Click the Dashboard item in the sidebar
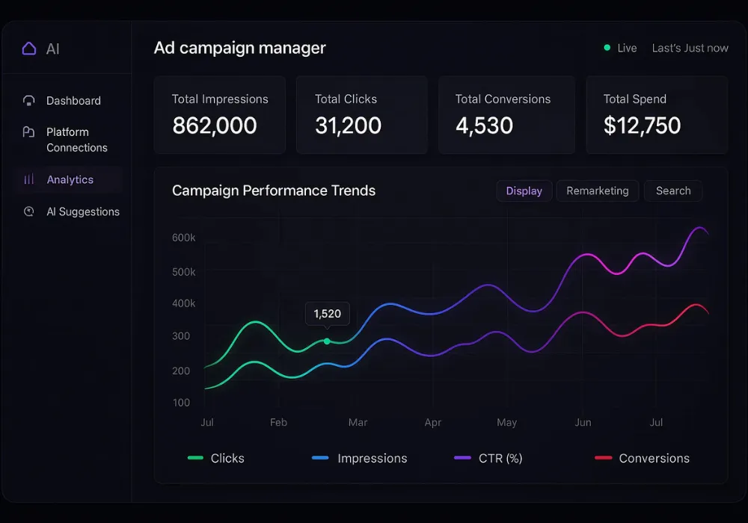[73, 101]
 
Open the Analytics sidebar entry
[70, 180]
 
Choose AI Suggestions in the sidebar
[82, 212]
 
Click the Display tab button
[524, 191]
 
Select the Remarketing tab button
[597, 191]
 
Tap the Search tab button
[672, 191]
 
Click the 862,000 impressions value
[215, 126]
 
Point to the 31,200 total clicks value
[348, 126]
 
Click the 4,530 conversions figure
[484, 126]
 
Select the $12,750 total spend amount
[642, 126]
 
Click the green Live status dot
[607, 48]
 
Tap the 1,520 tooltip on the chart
[327, 314]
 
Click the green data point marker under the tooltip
[327, 341]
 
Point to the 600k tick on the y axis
[184, 238]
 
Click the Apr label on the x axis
[432, 423]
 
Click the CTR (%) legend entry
[500, 459]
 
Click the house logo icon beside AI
[29, 49]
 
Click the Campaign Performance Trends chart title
[274, 191]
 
